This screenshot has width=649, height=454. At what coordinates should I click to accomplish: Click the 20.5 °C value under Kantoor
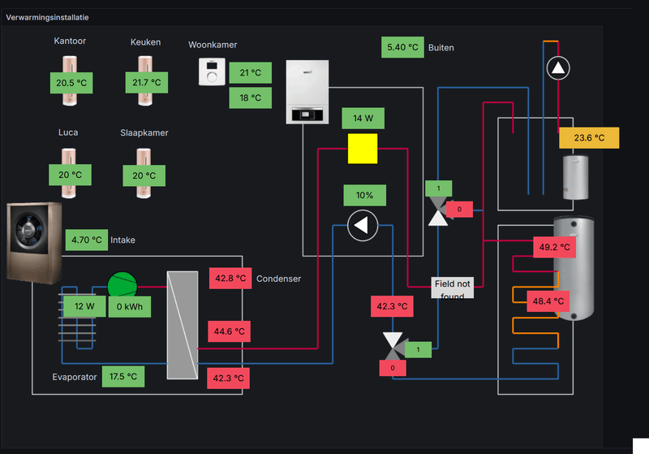pos(71,83)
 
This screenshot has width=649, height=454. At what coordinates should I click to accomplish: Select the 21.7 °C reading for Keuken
pos(145,83)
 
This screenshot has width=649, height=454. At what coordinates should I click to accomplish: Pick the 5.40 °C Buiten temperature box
pos(402,47)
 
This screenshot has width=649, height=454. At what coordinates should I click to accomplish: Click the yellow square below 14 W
pos(363,149)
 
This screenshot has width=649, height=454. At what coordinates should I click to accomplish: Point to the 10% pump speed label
pos(364,195)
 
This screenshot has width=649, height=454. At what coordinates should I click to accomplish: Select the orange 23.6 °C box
pos(589,138)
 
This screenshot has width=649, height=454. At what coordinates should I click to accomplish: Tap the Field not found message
pos(452,288)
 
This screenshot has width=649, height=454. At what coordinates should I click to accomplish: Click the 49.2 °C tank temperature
pos(555,247)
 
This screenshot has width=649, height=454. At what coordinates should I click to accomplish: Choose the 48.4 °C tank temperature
pos(548,301)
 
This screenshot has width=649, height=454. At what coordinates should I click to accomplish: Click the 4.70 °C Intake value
pos(86,240)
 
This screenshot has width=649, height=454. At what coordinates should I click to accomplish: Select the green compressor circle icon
pos(122,285)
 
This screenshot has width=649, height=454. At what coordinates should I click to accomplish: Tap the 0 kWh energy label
pos(129,307)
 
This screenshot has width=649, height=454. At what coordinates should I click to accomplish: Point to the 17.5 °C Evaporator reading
pos(122,377)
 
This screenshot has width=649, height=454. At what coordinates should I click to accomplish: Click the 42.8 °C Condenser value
pos(230,279)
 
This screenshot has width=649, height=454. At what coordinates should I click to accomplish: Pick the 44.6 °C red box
pos(230,331)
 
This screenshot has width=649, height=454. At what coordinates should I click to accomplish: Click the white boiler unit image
pos(307,93)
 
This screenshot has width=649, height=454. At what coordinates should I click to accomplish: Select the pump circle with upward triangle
pos(557,68)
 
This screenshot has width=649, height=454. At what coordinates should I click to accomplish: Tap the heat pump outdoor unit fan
pos(28,230)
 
